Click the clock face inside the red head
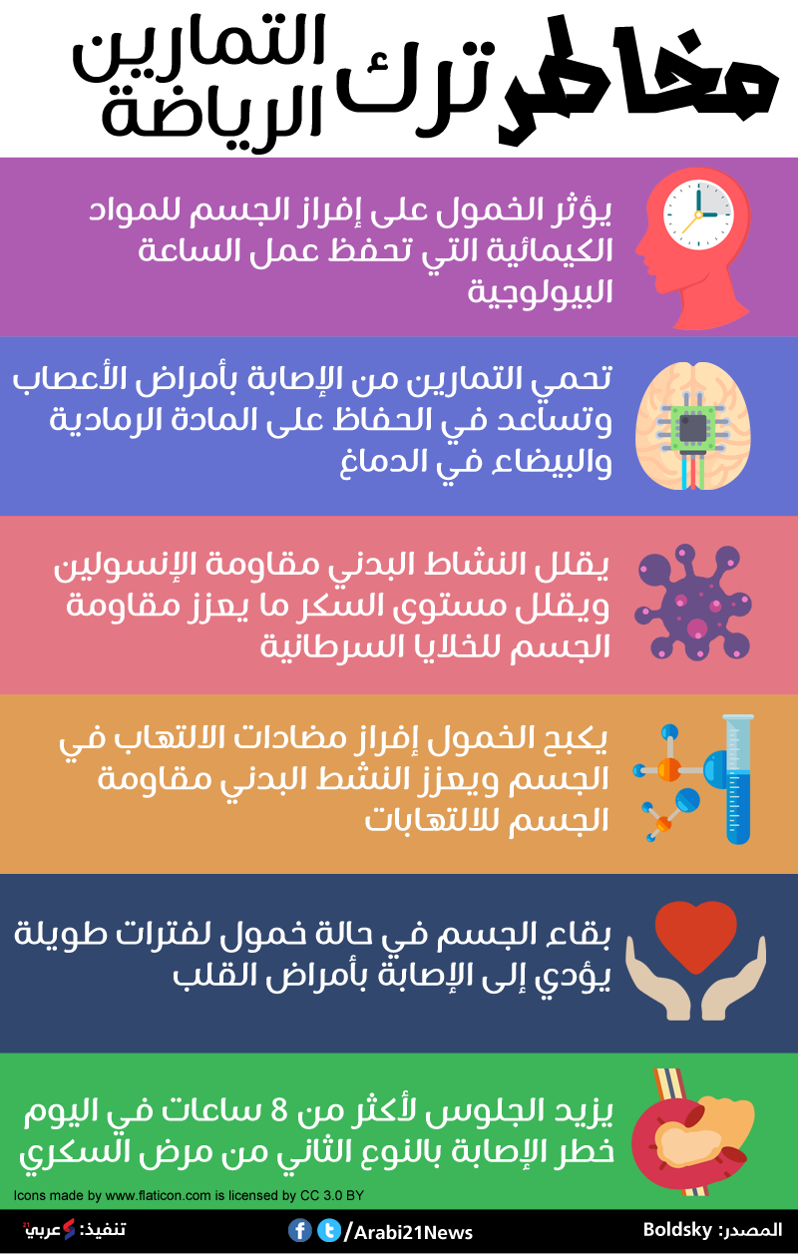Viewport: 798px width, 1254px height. [698, 213]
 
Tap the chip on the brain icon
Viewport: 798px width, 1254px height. [693, 428]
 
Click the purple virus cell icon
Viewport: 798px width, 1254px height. [693, 602]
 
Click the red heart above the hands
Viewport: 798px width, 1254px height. [695, 937]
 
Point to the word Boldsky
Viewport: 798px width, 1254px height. [677, 1229]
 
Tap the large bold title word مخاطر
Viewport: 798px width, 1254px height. [638, 81]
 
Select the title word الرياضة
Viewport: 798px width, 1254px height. [211, 115]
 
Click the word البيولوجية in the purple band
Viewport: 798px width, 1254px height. [540, 291]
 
